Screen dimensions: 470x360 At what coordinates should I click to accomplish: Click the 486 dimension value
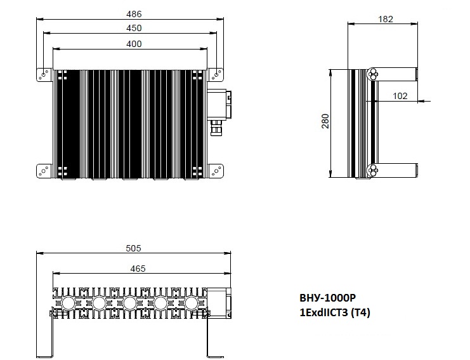coord(134,14)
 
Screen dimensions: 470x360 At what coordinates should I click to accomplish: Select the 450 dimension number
coord(134,28)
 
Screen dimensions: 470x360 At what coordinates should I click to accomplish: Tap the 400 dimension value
coord(134,44)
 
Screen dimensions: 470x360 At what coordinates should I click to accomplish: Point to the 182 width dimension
coord(386,19)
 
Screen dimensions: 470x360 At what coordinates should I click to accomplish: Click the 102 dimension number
coord(400,96)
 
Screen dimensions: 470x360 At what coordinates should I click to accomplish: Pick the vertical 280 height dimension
coord(325,121)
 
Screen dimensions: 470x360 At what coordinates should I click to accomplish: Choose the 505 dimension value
coord(133,248)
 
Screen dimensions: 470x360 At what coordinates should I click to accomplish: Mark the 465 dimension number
coord(138,269)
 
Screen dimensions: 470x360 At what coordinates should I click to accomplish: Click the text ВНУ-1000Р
coord(328,298)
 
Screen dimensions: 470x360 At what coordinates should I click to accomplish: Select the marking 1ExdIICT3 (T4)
coord(335,312)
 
